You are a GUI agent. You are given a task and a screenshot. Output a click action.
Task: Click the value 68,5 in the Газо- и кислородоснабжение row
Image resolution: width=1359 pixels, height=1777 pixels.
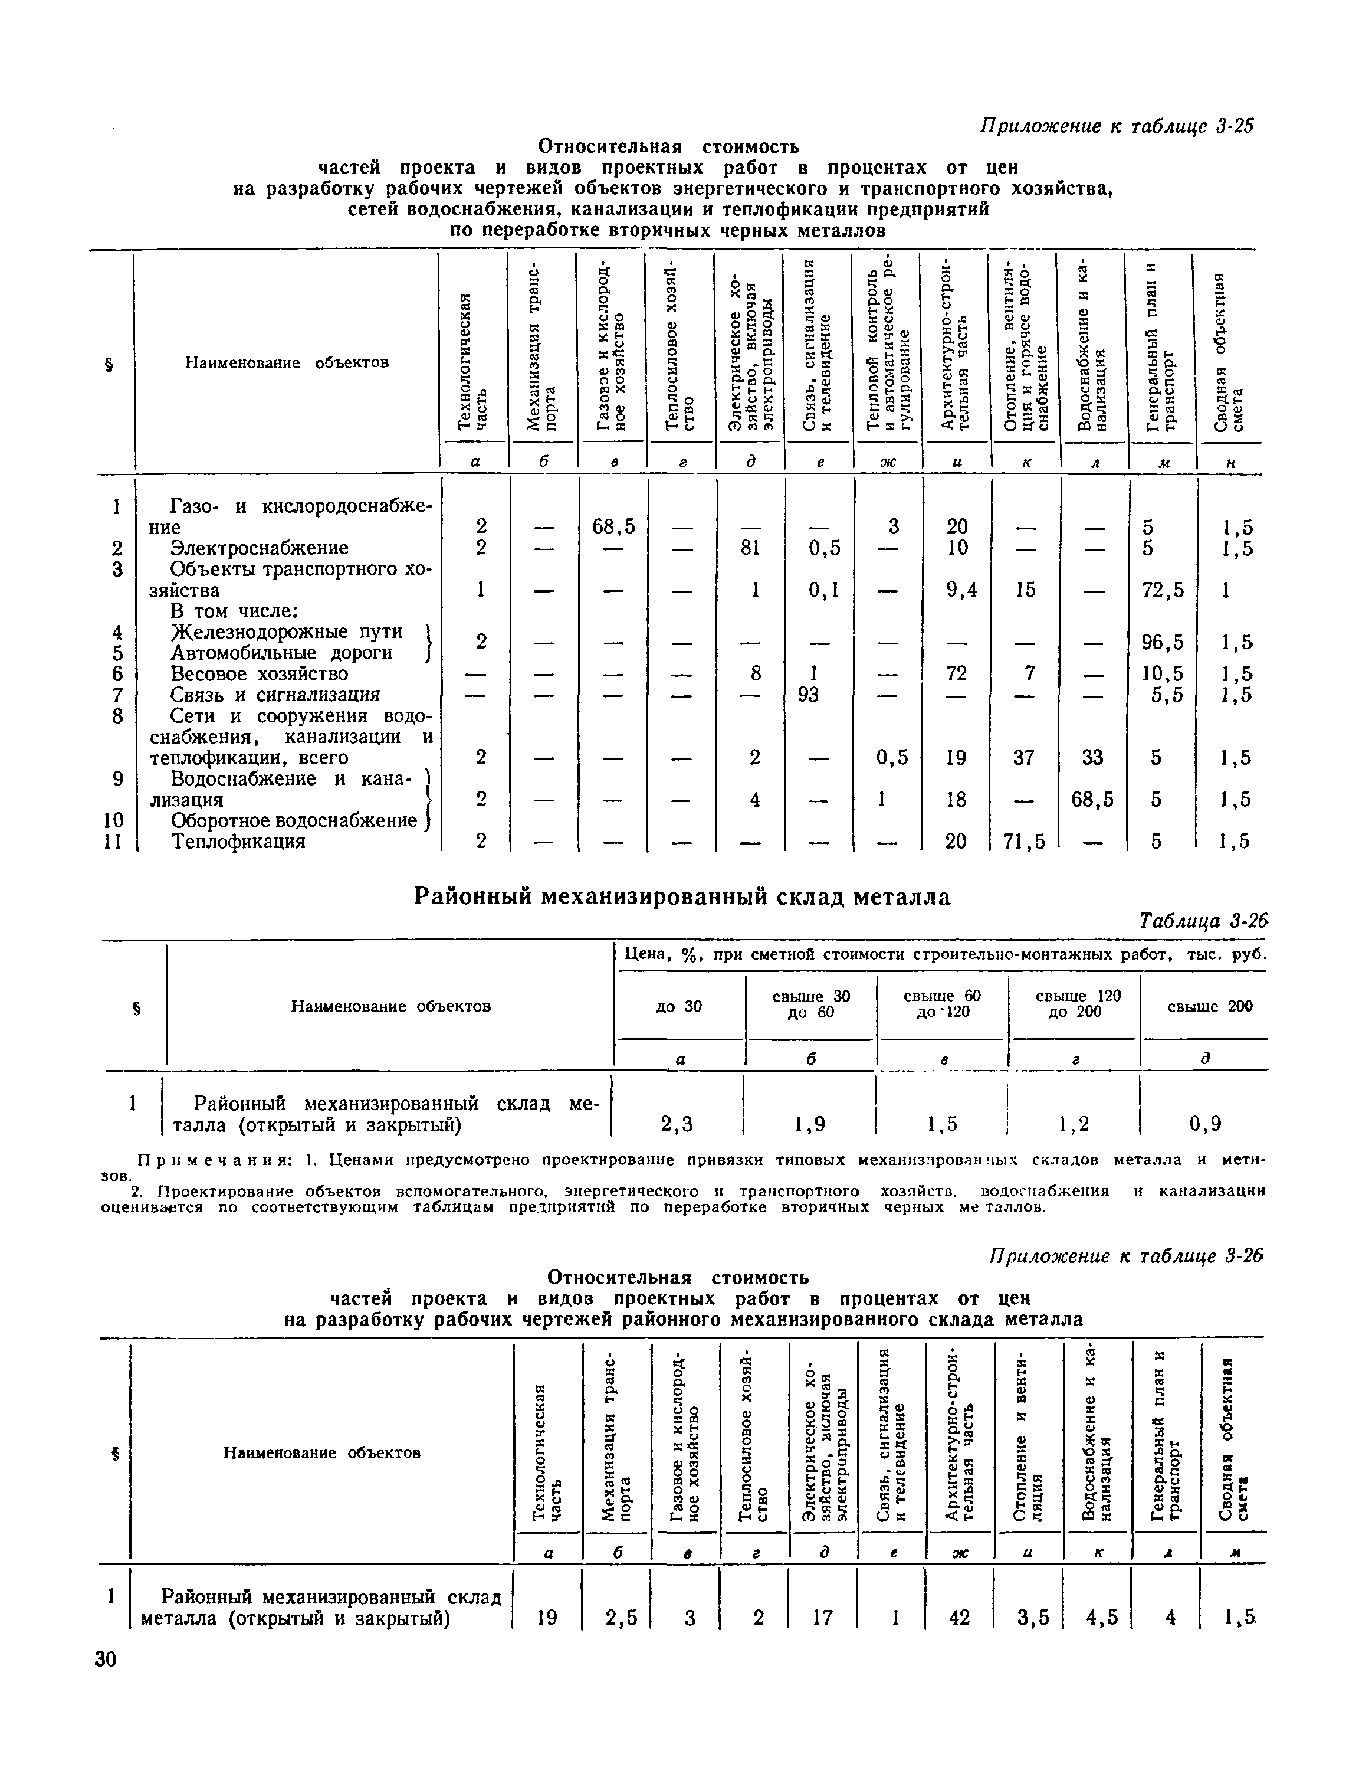tap(613, 528)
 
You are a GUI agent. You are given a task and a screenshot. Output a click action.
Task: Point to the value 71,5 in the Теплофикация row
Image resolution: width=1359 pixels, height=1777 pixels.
tap(1025, 842)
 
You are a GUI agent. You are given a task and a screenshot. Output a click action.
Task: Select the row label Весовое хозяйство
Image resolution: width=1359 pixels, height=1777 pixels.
tap(259, 674)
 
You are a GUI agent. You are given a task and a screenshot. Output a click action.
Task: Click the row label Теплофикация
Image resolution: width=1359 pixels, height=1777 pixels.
tap(239, 842)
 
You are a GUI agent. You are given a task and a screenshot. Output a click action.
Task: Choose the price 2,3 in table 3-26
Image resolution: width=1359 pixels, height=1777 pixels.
tap(677, 1124)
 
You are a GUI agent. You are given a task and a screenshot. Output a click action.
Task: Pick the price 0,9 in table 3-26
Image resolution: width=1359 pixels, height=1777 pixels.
tap(1204, 1124)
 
